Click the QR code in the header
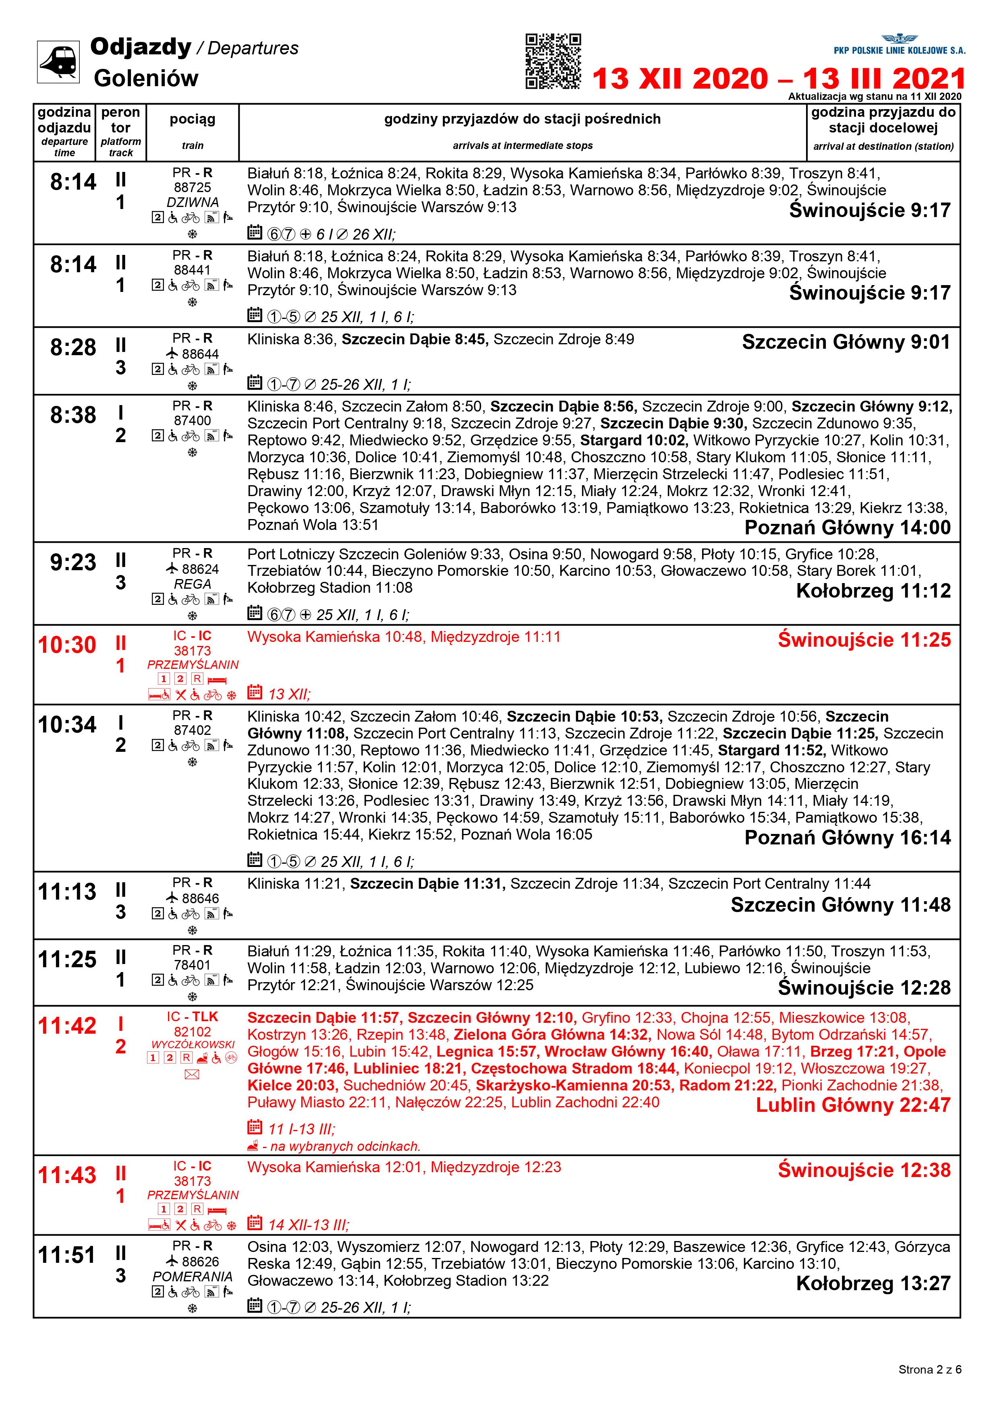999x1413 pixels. point(553,61)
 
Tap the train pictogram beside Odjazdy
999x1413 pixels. point(58,62)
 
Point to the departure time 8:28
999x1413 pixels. point(73,348)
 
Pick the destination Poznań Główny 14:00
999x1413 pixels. point(847,528)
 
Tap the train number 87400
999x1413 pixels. point(192,421)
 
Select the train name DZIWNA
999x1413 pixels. point(192,203)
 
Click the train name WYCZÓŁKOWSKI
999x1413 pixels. point(193,1045)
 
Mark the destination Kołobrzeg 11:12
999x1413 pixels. point(873,591)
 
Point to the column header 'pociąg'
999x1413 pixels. point(192,119)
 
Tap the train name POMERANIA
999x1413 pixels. point(192,1276)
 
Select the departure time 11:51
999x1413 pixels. point(67,1255)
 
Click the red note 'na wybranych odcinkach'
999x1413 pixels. point(340,1146)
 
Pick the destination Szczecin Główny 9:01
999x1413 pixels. point(846,342)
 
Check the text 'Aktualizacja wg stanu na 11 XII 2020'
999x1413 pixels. point(874,97)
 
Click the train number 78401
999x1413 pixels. point(192,965)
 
